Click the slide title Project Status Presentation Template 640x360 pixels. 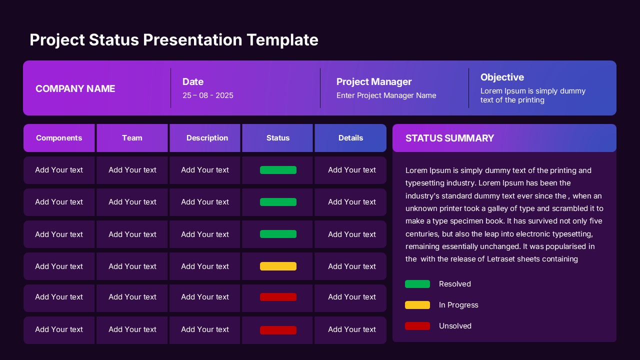[173, 39]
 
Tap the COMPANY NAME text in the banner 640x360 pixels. [75, 88]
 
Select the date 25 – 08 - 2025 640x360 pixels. [207, 95]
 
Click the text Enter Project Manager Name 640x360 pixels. [386, 95]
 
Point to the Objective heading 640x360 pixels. [502, 77]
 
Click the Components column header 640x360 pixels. [59, 138]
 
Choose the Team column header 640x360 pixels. [132, 138]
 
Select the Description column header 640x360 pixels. [207, 138]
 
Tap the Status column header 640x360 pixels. [278, 138]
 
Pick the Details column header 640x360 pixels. [350, 138]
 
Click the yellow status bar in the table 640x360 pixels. [278, 266]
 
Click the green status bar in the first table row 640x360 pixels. [278, 170]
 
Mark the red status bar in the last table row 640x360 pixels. [278, 330]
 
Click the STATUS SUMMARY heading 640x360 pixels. [449, 138]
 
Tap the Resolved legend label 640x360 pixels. [454, 284]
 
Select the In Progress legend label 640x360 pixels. [458, 305]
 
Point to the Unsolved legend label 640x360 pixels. [455, 326]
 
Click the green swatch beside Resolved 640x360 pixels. [417, 284]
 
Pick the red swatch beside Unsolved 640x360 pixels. [417, 326]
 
